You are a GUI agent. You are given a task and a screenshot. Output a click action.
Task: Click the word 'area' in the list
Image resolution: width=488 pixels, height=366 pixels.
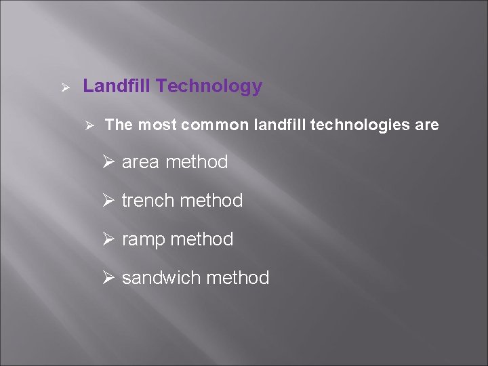coord(141,163)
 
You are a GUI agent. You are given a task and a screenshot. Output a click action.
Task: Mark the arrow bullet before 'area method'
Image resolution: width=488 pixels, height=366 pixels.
coord(111,163)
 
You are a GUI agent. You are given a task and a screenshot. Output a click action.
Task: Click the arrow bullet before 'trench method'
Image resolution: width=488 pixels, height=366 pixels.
coord(111,201)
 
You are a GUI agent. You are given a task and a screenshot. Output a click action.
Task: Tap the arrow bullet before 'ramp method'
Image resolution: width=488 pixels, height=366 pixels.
coord(111,239)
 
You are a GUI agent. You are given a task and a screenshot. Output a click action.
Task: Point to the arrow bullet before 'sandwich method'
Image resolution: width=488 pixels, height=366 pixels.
coord(111,278)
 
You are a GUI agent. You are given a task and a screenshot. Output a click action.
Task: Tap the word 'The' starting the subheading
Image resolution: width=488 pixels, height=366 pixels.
coord(119,125)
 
